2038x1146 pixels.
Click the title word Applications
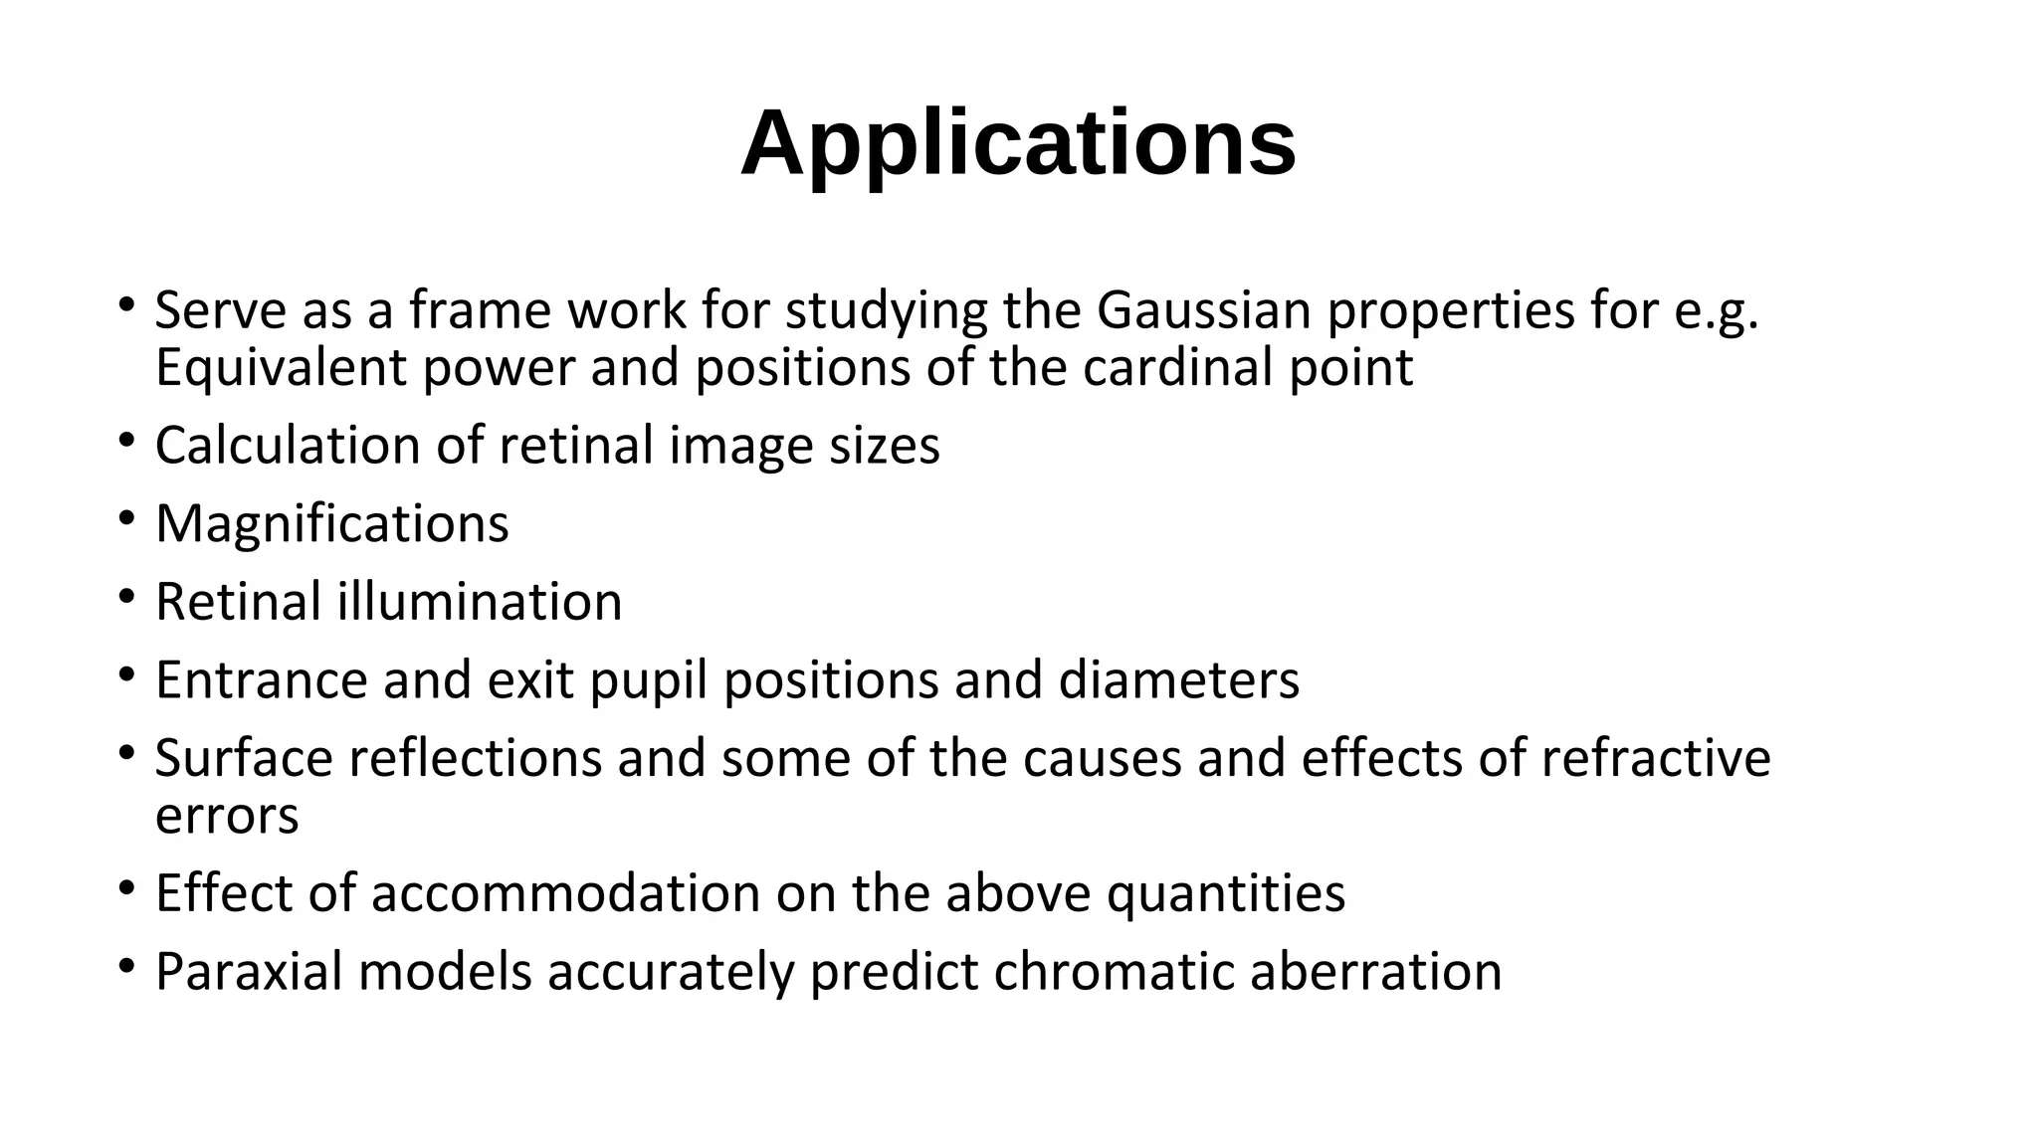click(1018, 144)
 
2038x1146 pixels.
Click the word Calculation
click(288, 446)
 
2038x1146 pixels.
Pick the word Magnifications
click(332, 523)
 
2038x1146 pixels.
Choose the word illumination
click(480, 602)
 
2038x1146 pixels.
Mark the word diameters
click(1178, 680)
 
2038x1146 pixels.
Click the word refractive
click(1656, 758)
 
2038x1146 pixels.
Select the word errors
click(227, 816)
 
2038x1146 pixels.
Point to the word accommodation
click(566, 893)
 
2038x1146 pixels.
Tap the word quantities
click(1226, 893)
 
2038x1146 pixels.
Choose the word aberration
click(1375, 972)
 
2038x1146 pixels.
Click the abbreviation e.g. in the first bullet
click(1718, 312)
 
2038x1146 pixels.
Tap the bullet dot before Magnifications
click(125, 518)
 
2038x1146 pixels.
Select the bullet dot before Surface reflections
click(125, 753)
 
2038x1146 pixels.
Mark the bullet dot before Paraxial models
click(125, 966)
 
